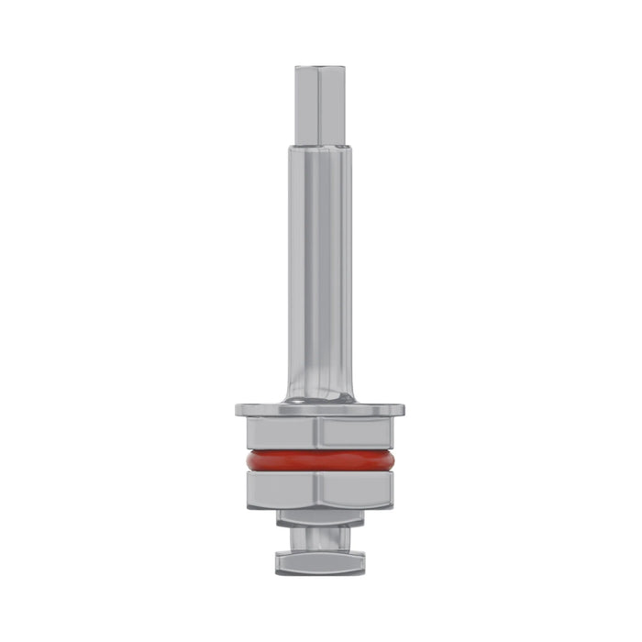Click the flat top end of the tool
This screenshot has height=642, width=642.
coord(320,66)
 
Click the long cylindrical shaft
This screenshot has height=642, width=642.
coord(320,275)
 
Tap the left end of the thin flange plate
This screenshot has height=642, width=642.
coord(240,408)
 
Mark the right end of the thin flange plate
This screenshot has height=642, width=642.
coord(402,408)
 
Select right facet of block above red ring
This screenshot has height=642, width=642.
coord(358,432)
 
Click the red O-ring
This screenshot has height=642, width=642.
coord(320,459)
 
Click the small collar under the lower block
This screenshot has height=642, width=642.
coord(320,520)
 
